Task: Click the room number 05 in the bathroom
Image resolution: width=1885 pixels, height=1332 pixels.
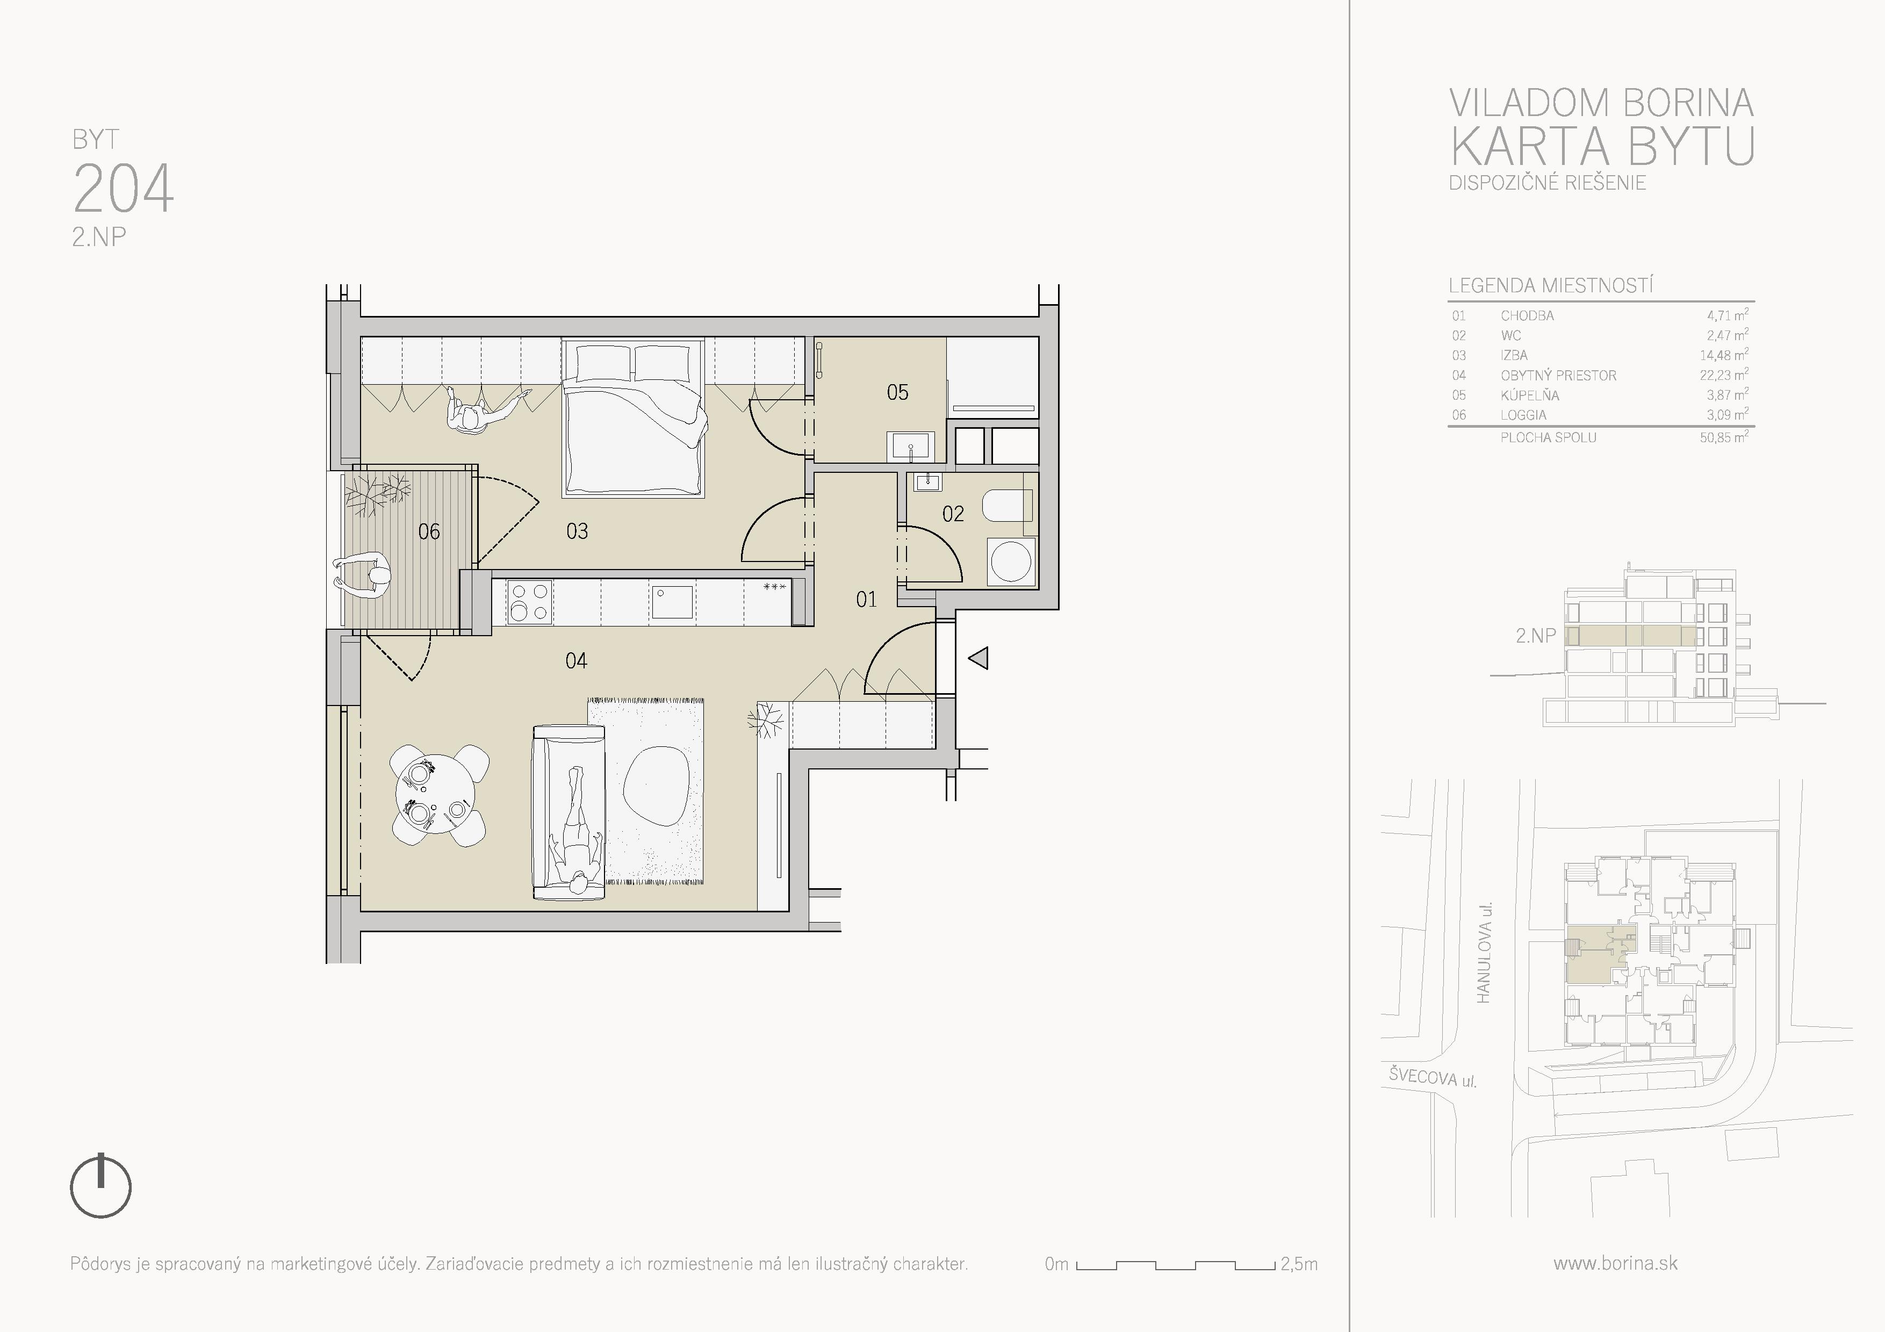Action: [897, 392]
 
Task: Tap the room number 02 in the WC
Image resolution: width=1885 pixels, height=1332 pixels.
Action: [952, 514]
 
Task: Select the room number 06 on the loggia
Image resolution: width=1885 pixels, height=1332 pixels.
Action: [429, 532]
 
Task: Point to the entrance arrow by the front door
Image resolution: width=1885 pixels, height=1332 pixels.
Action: [978, 658]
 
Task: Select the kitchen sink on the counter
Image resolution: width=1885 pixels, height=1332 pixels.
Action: [672, 602]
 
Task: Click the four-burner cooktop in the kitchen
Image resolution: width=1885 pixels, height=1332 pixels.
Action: [529, 602]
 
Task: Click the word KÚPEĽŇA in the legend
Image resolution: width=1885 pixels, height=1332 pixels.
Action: [1529, 395]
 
